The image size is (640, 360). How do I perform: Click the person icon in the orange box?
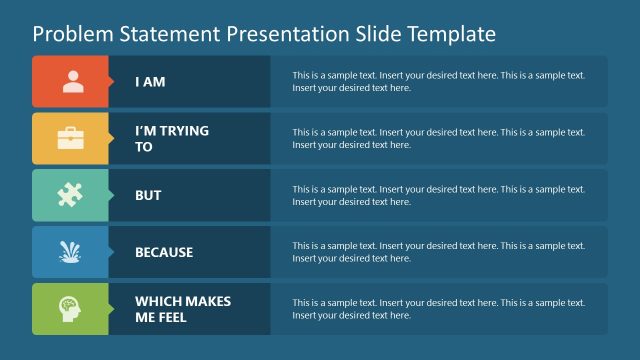[72, 82]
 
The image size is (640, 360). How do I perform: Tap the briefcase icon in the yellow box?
[72, 139]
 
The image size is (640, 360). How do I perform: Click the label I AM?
[150, 82]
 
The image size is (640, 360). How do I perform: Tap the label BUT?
[148, 196]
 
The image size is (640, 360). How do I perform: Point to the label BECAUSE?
[164, 253]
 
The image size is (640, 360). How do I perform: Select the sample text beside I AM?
[447, 82]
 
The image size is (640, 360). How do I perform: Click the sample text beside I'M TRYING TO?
[447, 139]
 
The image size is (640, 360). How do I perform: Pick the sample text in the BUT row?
[447, 196]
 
